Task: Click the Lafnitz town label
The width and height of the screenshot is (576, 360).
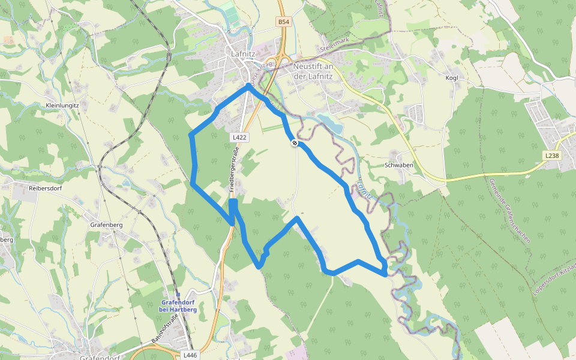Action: pos(244,53)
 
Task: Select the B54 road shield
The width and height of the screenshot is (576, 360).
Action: pos(284,22)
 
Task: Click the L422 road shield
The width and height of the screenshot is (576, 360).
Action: pos(239,137)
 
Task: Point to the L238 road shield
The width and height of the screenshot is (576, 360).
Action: pos(552,155)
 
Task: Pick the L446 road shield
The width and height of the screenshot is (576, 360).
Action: pos(190,355)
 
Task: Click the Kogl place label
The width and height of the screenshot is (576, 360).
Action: pos(451,79)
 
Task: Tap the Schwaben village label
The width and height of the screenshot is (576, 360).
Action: pos(399,165)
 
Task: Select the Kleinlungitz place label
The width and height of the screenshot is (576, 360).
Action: pos(62,105)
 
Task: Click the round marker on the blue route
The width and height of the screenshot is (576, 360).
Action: pos(295,143)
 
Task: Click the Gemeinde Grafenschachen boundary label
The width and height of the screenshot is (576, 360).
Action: pos(509,210)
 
